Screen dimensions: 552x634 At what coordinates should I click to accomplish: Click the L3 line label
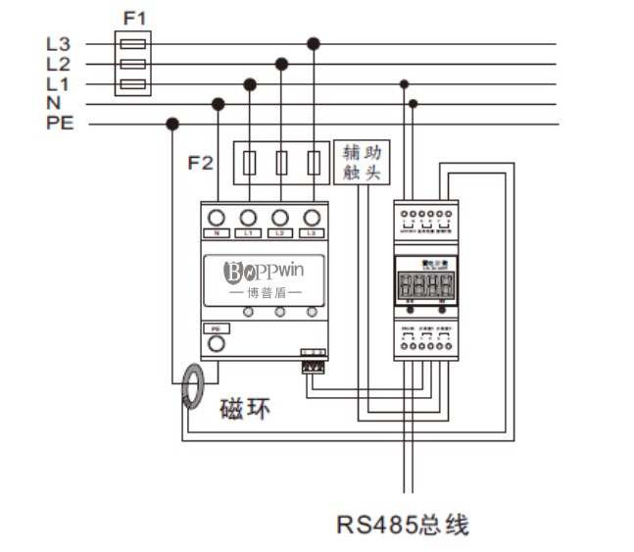tap(59, 44)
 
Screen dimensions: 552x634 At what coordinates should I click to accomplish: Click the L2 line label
tap(59, 64)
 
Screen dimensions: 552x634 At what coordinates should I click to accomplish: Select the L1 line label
tap(59, 83)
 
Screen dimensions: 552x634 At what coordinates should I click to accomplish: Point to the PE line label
tap(60, 124)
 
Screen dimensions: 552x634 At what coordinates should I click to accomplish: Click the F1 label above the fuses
tap(134, 18)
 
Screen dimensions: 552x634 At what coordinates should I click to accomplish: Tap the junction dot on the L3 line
tap(313, 43)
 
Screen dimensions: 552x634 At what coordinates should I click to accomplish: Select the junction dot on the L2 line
tap(281, 64)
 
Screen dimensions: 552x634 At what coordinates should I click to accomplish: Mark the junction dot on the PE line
tap(172, 124)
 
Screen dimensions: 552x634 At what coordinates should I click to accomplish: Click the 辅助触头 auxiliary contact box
tap(362, 162)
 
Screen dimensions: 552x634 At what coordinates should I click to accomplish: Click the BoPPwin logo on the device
tap(264, 271)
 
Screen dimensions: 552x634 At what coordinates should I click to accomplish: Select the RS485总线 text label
tap(403, 525)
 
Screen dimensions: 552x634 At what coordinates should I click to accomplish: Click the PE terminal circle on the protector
tap(217, 343)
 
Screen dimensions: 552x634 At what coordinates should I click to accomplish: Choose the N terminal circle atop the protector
tap(217, 217)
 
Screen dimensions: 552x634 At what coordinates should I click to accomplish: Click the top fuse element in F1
tap(133, 43)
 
